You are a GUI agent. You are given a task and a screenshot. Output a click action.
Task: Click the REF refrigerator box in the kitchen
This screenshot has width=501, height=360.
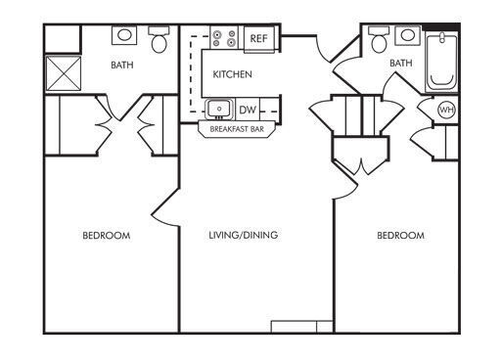pos(259,38)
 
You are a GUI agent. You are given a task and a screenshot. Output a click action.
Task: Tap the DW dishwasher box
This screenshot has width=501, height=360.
pos(248,109)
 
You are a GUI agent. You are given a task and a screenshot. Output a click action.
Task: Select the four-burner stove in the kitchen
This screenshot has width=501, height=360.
pos(224,38)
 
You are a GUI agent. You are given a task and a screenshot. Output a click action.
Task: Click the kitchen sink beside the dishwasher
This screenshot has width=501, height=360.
pos(217,109)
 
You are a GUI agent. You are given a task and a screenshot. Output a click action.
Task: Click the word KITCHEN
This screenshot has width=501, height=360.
pos(233,74)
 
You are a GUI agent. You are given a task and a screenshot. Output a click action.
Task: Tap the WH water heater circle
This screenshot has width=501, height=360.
pos(446,110)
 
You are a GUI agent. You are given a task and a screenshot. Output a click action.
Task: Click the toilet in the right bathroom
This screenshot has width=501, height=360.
pos(378,41)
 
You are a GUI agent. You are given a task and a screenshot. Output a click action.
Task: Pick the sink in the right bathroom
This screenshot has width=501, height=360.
pos(407,37)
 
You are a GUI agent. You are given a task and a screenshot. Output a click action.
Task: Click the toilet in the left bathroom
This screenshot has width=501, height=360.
pos(159,40)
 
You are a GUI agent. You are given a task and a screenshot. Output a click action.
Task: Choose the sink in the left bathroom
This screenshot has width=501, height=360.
pos(125,36)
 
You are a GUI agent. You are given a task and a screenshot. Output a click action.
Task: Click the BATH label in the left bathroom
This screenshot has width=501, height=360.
pos(122,67)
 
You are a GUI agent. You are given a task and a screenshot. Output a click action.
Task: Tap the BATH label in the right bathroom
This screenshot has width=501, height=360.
pos(401,65)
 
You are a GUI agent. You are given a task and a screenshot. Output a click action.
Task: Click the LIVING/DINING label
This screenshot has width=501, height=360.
pos(244,236)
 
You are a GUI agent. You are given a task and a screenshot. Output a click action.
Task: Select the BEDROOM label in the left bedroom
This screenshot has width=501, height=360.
pos(106,236)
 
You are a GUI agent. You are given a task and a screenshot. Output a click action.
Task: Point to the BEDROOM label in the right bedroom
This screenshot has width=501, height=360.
pos(401,236)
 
